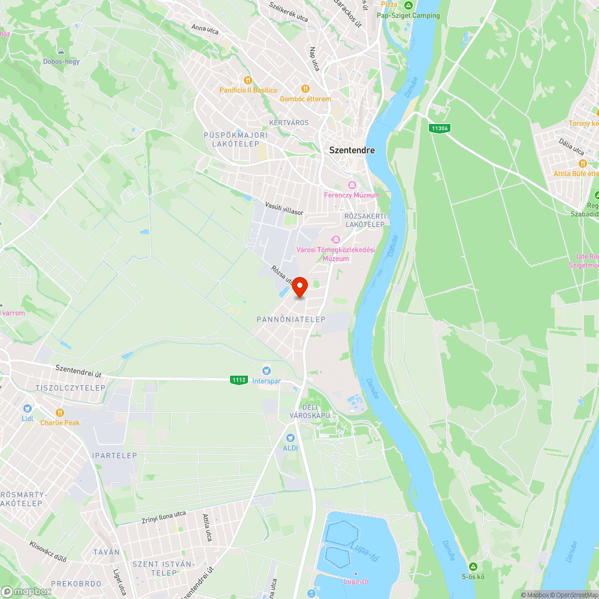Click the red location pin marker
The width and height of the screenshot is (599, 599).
299,287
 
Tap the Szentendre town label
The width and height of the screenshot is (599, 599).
352,150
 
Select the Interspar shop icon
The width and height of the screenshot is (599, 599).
267,371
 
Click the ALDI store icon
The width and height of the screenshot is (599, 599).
291,438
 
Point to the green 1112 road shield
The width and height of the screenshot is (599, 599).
238,380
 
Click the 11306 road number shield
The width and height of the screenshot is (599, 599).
440,128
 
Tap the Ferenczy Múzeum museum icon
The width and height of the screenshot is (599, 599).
352,185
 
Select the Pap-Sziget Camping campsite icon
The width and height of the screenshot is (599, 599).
409,5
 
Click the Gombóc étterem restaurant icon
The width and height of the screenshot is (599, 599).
305,89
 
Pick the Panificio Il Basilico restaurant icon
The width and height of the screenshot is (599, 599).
247,80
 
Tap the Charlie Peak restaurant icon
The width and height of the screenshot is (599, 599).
60,412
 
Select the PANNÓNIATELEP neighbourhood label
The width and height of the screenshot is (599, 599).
291,319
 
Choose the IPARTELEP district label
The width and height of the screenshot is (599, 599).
114,456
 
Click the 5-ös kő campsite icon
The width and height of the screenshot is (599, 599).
473,566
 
